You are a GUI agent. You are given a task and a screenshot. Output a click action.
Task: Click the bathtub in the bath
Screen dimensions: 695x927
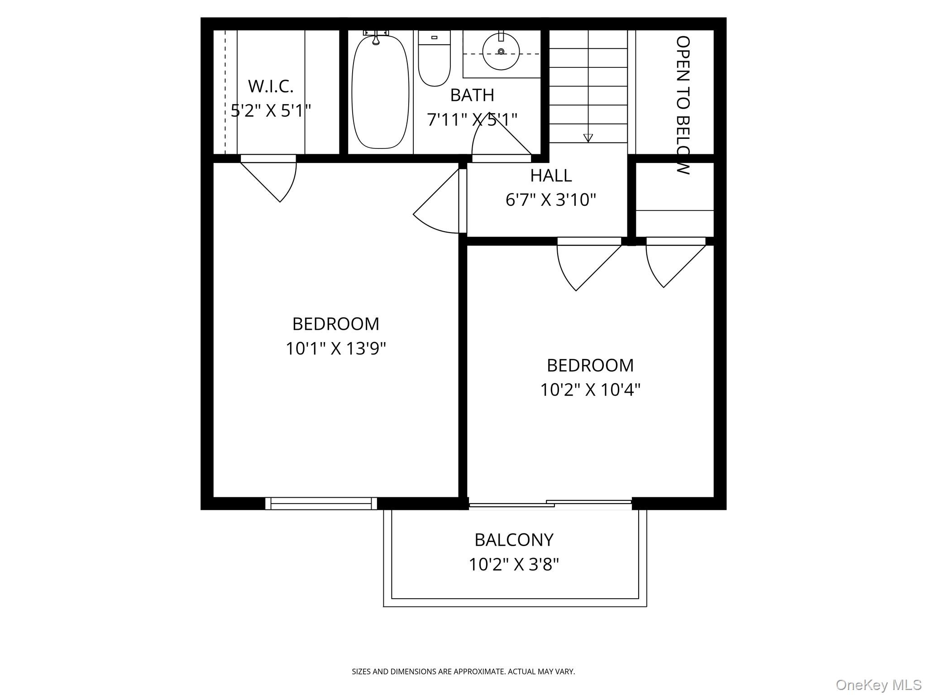380,93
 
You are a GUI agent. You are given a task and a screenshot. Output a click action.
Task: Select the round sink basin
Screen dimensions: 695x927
501,52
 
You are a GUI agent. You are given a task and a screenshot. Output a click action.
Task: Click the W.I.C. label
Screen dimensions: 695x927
271,86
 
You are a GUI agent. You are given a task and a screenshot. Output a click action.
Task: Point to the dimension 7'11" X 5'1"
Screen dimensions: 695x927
472,119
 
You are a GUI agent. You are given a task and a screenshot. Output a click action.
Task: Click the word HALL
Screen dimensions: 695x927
550,176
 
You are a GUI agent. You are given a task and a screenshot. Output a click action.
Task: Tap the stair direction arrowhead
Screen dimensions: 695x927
588,138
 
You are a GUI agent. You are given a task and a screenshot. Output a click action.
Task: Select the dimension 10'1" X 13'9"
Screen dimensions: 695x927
335,348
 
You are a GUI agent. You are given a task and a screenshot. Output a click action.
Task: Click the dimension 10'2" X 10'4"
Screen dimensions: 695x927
590,390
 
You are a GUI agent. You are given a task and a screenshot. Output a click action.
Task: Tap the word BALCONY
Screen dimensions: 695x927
514,540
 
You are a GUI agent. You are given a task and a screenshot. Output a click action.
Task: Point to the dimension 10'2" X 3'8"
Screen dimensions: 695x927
514,564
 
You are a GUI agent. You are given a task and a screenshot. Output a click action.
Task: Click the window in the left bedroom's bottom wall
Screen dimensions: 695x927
321,503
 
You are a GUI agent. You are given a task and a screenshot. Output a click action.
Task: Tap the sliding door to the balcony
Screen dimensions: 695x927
550,504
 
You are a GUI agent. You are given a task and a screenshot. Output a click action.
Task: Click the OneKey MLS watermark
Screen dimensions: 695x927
878,685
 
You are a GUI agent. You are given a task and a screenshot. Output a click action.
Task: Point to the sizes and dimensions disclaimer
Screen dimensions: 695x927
463,671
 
